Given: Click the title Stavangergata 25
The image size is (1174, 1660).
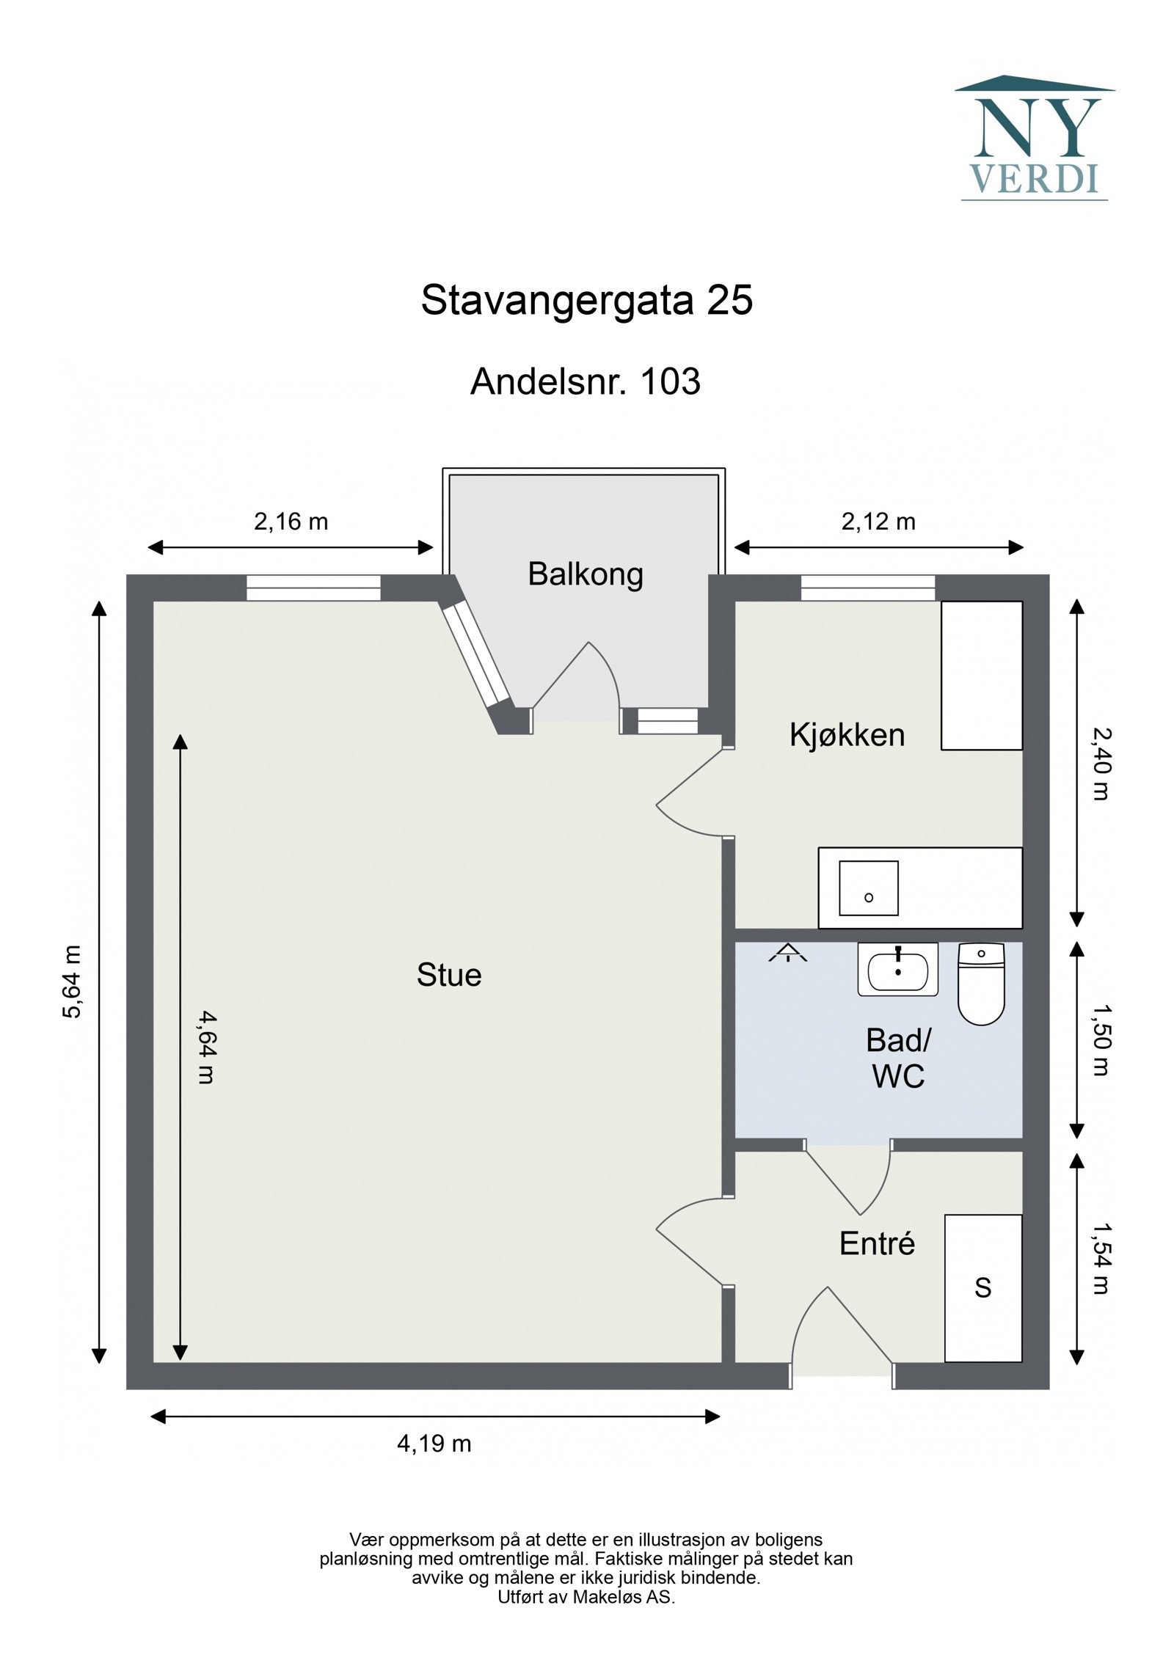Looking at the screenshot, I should pos(586,301).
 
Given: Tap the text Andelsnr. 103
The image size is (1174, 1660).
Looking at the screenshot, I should pos(585,381).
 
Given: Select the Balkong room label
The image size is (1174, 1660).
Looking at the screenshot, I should pos(585,574).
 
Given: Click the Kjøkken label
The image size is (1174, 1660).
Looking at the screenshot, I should pos(847,734).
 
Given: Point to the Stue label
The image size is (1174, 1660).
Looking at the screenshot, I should pos(448,975).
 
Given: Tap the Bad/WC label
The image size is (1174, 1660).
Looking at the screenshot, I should pos(897,1058).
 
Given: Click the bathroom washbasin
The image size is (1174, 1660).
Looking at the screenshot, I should pos(897,970).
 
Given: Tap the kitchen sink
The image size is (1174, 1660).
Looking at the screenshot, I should pos(868,888).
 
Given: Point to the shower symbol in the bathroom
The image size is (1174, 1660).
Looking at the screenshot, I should pos(787,953).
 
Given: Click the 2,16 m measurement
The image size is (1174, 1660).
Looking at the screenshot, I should pos(291,522).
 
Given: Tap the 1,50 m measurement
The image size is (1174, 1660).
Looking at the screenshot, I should pos(1100,1039).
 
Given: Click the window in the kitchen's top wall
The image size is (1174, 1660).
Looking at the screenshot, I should pos(867,588).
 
